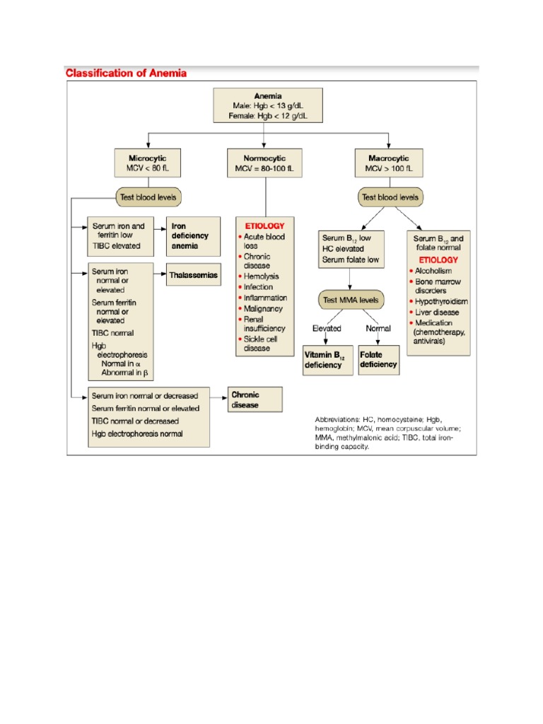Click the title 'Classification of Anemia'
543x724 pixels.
(x=126, y=73)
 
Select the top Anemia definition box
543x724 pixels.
(x=268, y=105)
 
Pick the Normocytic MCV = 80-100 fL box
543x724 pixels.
(x=265, y=163)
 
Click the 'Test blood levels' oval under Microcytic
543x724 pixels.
(x=146, y=197)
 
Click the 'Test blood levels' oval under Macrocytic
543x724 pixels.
(x=390, y=197)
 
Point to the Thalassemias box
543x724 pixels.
(x=193, y=275)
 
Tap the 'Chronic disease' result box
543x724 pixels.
(x=254, y=400)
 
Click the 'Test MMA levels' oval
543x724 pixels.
(x=351, y=300)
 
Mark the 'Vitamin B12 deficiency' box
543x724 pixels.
(x=327, y=360)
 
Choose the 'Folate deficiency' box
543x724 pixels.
(x=378, y=360)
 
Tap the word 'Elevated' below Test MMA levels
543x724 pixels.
(x=326, y=329)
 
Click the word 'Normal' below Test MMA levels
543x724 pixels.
(x=378, y=329)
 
